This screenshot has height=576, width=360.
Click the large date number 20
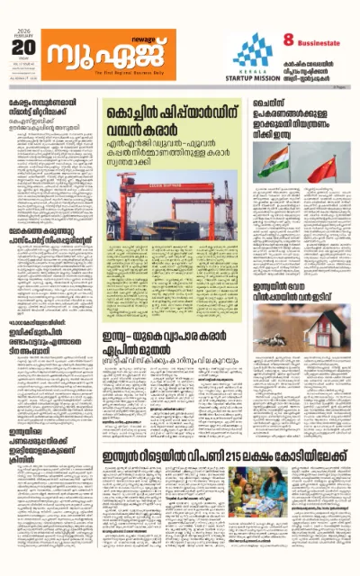click(x=23, y=46)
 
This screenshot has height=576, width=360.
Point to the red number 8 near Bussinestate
click(x=289, y=39)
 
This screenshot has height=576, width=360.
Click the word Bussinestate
click(x=322, y=40)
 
